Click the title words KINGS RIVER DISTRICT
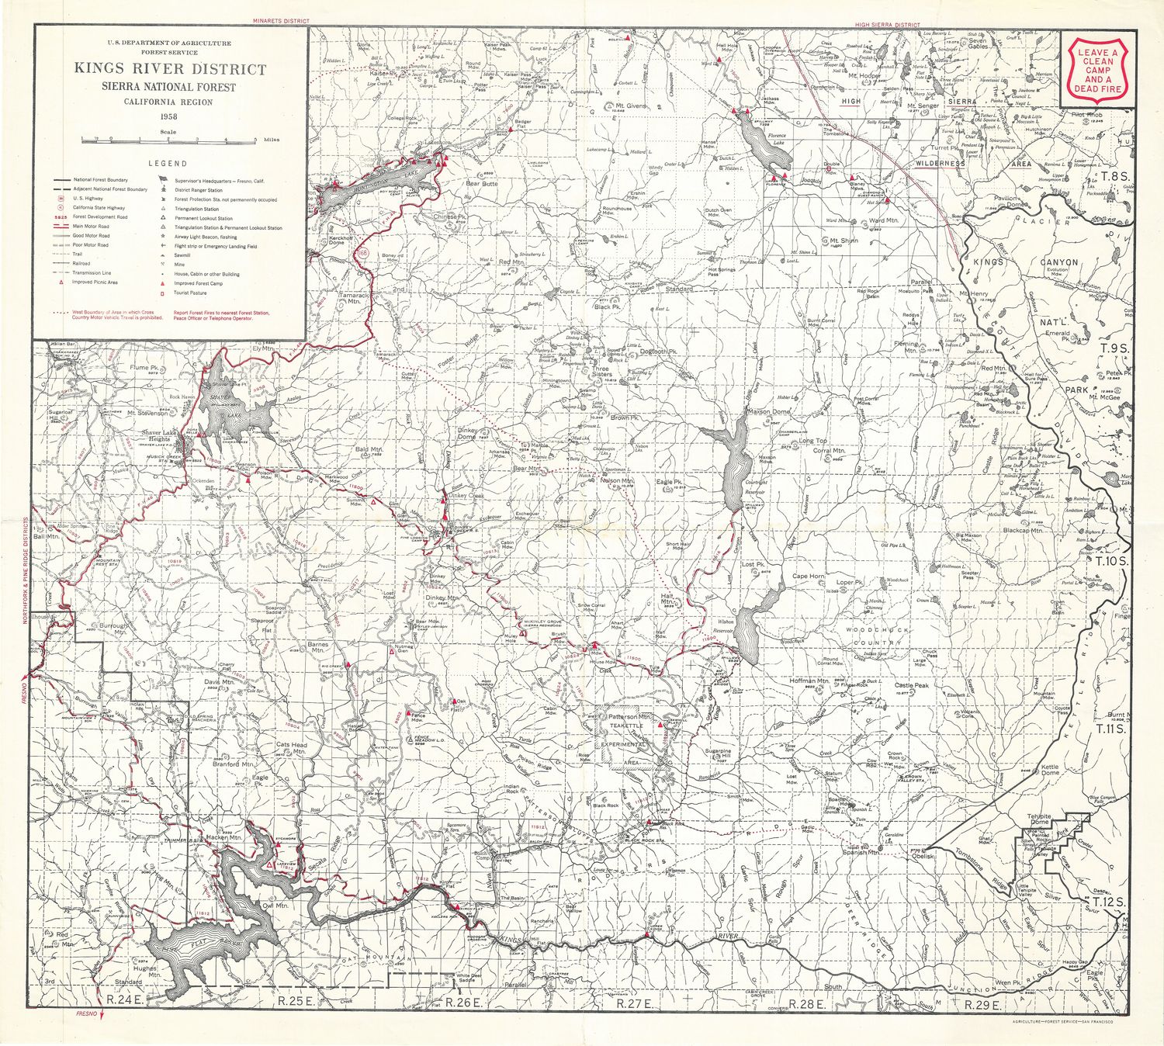[170, 69]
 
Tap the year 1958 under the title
[168, 116]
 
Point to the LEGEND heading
[168, 164]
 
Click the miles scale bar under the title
[168, 140]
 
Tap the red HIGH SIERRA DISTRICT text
[887, 25]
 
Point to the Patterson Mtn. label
[629, 717]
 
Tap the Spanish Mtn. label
[861, 853]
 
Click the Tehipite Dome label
[1039, 820]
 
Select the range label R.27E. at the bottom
[633, 1003]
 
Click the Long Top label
[812, 441]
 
